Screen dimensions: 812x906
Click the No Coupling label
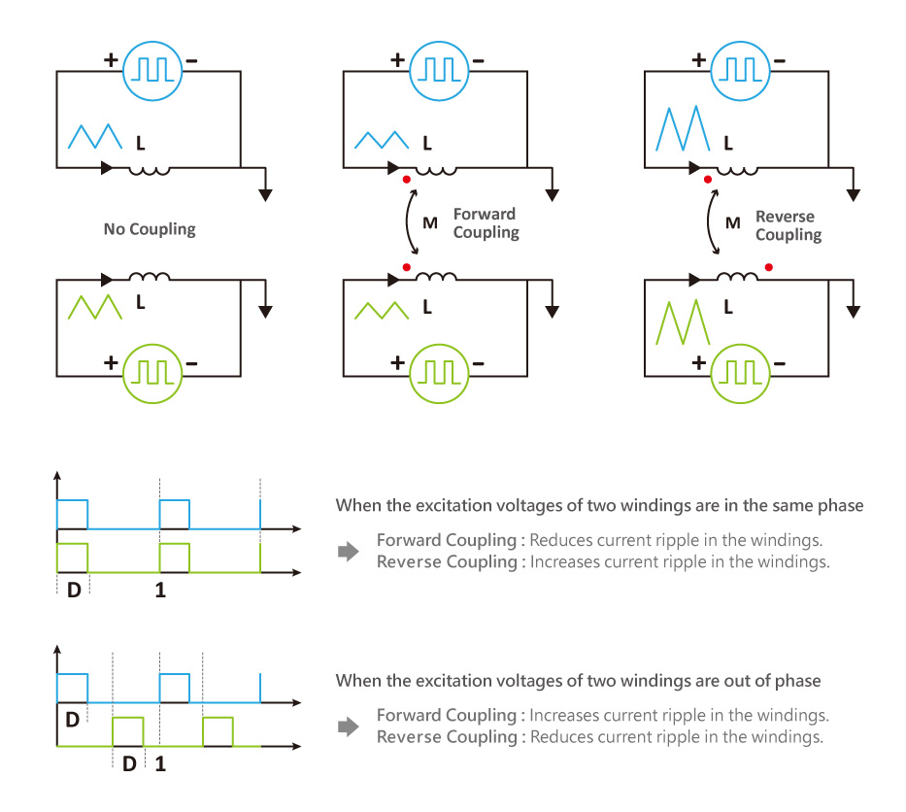(x=150, y=230)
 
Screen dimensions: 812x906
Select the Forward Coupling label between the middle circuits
(x=486, y=223)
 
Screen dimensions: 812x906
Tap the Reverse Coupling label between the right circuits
(x=788, y=225)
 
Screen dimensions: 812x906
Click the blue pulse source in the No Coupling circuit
(x=151, y=70)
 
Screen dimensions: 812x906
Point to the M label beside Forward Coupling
(x=430, y=223)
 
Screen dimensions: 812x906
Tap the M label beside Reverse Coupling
(x=733, y=223)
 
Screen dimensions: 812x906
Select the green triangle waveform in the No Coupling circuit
(x=93, y=307)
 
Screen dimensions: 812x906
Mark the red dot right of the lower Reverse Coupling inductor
(x=768, y=266)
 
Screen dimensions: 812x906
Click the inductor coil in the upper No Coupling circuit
(x=150, y=170)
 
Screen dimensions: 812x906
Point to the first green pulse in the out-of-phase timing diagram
(x=128, y=730)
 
